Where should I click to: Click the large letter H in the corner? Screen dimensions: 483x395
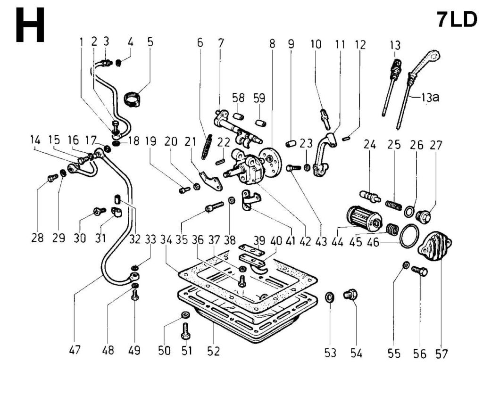click(x=30, y=25)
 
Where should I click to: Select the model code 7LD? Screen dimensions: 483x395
click(x=457, y=20)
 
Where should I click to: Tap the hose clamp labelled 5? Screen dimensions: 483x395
click(x=133, y=99)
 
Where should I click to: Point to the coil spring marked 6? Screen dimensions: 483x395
click(x=207, y=147)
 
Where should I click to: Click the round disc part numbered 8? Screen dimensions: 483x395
click(x=271, y=163)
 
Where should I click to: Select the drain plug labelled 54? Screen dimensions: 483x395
click(x=350, y=295)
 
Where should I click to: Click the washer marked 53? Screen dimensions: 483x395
click(x=330, y=297)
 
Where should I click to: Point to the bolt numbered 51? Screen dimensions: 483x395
click(x=185, y=331)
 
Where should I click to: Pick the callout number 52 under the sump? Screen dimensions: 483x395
click(x=214, y=351)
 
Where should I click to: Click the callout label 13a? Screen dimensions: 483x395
click(x=430, y=98)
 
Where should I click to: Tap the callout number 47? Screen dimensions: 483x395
click(x=75, y=350)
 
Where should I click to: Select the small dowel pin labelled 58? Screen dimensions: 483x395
click(x=238, y=117)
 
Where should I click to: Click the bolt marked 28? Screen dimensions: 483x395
click(x=53, y=178)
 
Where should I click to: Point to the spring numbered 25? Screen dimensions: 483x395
click(x=394, y=206)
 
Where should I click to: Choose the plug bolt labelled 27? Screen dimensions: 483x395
click(x=424, y=217)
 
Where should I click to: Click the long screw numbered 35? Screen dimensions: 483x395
click(x=214, y=206)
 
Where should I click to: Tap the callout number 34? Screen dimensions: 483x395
click(x=167, y=240)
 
